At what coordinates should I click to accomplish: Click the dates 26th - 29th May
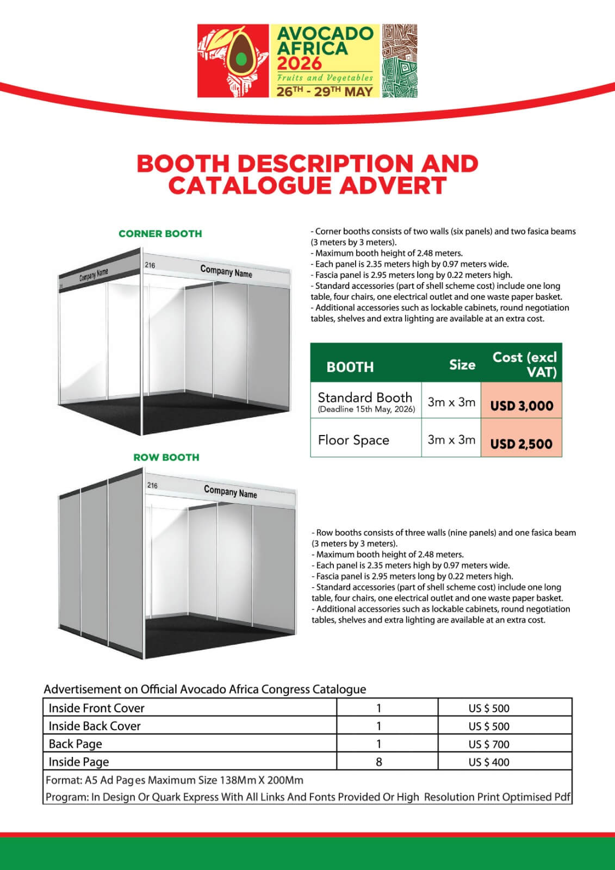[x=325, y=91]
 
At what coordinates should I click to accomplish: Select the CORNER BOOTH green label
[x=160, y=234]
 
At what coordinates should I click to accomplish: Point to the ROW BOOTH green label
[x=166, y=457]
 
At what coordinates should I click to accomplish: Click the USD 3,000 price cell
[x=521, y=406]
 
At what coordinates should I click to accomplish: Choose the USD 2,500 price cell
[x=521, y=443]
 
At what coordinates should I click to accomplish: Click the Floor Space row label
[x=353, y=440]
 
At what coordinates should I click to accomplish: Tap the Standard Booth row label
[x=365, y=398]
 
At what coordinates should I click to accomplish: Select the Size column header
[x=462, y=365]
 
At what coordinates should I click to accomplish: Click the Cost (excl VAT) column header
[x=525, y=364]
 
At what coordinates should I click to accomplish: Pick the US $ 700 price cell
[x=489, y=744]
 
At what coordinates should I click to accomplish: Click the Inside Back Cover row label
[x=95, y=726]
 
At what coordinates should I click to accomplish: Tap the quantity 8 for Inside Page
[x=379, y=762]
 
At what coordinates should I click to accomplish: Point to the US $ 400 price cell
[x=489, y=762]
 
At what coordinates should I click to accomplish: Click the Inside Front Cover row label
[x=97, y=708]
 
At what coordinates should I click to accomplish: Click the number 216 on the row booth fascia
[x=152, y=485]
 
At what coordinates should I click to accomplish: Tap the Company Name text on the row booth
[x=230, y=492]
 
